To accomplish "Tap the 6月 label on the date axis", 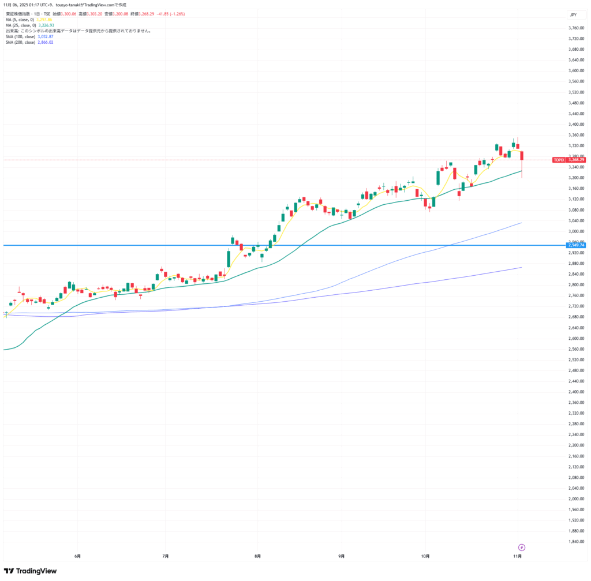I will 77,556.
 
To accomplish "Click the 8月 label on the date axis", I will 257,556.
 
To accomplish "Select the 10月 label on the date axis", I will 425,556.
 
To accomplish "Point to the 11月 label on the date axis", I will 518,556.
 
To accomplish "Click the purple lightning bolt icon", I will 522,547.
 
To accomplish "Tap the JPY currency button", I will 573,14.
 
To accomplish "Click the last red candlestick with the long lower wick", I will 522,156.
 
